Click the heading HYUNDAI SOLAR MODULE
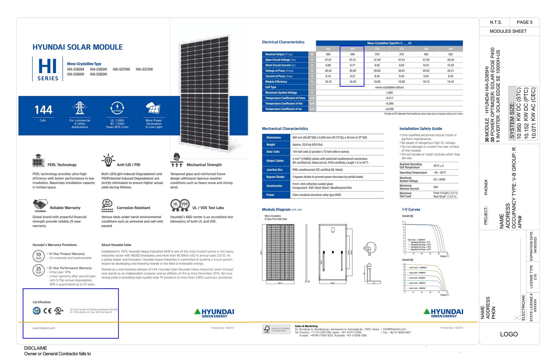tap(78, 47)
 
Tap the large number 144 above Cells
tap(43, 110)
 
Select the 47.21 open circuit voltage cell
tap(352, 60)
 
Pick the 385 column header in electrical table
tap(450, 49)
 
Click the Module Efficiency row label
tap(276, 82)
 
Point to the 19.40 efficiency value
tap(450, 82)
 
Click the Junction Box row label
tap(274, 170)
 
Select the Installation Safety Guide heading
tap(421, 129)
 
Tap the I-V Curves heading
tap(411, 209)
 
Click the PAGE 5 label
tap(524, 22)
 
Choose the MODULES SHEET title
tap(508, 31)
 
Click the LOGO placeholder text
tap(509, 334)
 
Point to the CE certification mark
tap(47, 311)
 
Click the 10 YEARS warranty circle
tap(39, 255)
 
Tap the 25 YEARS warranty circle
tap(39, 269)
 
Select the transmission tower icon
tap(79, 108)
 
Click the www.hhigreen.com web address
tap(44, 328)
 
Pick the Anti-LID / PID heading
tap(129, 165)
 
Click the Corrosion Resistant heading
tap(133, 208)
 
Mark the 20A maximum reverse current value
tap(436, 187)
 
